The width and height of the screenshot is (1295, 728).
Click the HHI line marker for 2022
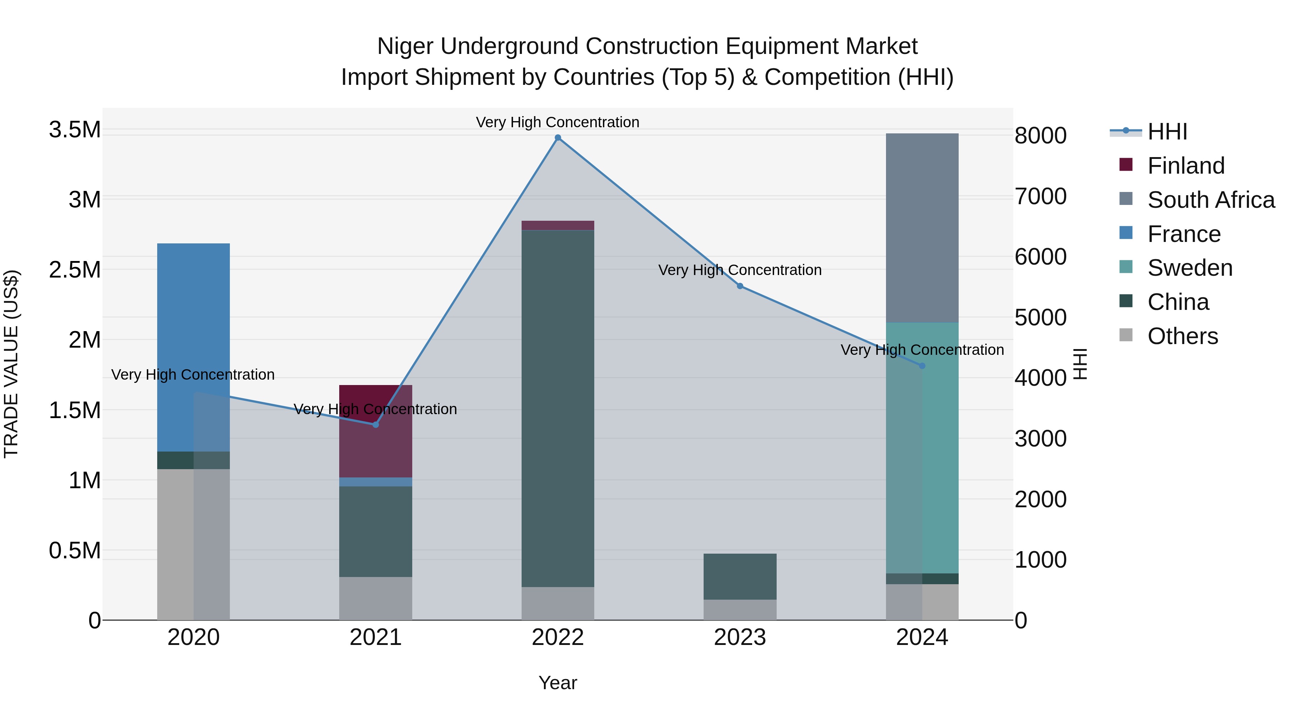(x=558, y=138)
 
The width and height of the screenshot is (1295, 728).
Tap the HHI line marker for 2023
(x=740, y=286)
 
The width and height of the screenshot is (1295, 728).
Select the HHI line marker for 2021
(x=376, y=425)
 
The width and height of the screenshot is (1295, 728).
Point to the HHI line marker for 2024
(x=922, y=366)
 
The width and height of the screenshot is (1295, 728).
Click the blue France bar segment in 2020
(x=194, y=347)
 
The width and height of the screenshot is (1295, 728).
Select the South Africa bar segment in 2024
(x=922, y=228)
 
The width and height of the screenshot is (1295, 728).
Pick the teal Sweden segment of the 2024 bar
(x=922, y=447)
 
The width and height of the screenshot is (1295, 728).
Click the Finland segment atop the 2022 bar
(x=558, y=225)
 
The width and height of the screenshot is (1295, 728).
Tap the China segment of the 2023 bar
(x=740, y=576)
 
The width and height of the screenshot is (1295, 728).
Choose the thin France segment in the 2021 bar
(x=376, y=482)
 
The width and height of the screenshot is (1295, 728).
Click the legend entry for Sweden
(x=1190, y=268)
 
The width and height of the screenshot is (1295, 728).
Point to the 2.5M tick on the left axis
(x=74, y=270)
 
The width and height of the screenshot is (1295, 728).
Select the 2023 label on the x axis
(x=740, y=637)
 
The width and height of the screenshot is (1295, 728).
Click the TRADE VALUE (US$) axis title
(x=12, y=364)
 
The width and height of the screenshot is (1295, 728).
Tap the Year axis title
(x=558, y=683)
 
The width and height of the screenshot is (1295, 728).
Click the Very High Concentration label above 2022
(x=558, y=122)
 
